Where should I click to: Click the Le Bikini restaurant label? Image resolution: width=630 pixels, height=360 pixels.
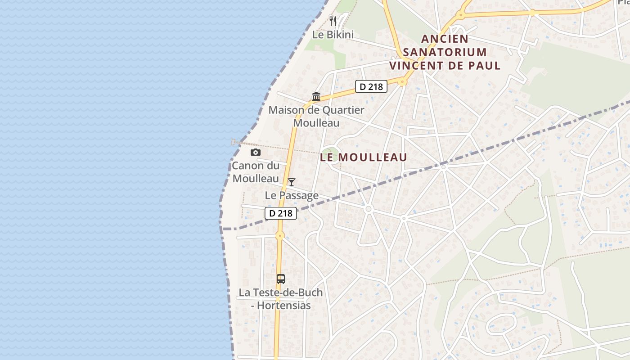point(333,35)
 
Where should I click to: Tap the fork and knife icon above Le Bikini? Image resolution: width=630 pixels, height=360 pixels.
point(333,21)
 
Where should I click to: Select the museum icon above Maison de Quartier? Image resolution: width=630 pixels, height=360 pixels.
point(316,96)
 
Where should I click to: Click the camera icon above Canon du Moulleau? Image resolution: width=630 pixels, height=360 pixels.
point(256,152)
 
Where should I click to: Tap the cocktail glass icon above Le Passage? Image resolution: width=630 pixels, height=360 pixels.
point(292,182)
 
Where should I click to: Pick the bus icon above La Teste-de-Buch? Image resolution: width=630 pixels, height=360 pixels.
point(281,279)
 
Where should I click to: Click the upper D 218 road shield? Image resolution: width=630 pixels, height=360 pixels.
point(371,86)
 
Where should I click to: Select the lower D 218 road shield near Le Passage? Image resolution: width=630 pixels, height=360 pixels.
point(281,213)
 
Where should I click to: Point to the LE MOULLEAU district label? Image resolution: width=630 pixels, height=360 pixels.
point(364,157)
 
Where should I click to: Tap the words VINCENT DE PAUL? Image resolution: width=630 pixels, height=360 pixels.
point(445,66)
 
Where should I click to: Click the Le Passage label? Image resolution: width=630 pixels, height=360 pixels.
point(292,195)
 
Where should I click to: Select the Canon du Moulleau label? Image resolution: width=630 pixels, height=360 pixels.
point(256,172)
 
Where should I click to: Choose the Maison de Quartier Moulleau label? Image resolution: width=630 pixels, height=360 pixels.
point(316,116)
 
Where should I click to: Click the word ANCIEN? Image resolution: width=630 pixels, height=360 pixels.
point(445,39)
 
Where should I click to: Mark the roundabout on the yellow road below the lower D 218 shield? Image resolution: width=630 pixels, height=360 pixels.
point(280,235)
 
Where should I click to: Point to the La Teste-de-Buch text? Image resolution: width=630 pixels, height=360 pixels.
point(281,292)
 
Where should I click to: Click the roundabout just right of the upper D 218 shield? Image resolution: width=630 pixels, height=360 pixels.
point(402,82)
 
